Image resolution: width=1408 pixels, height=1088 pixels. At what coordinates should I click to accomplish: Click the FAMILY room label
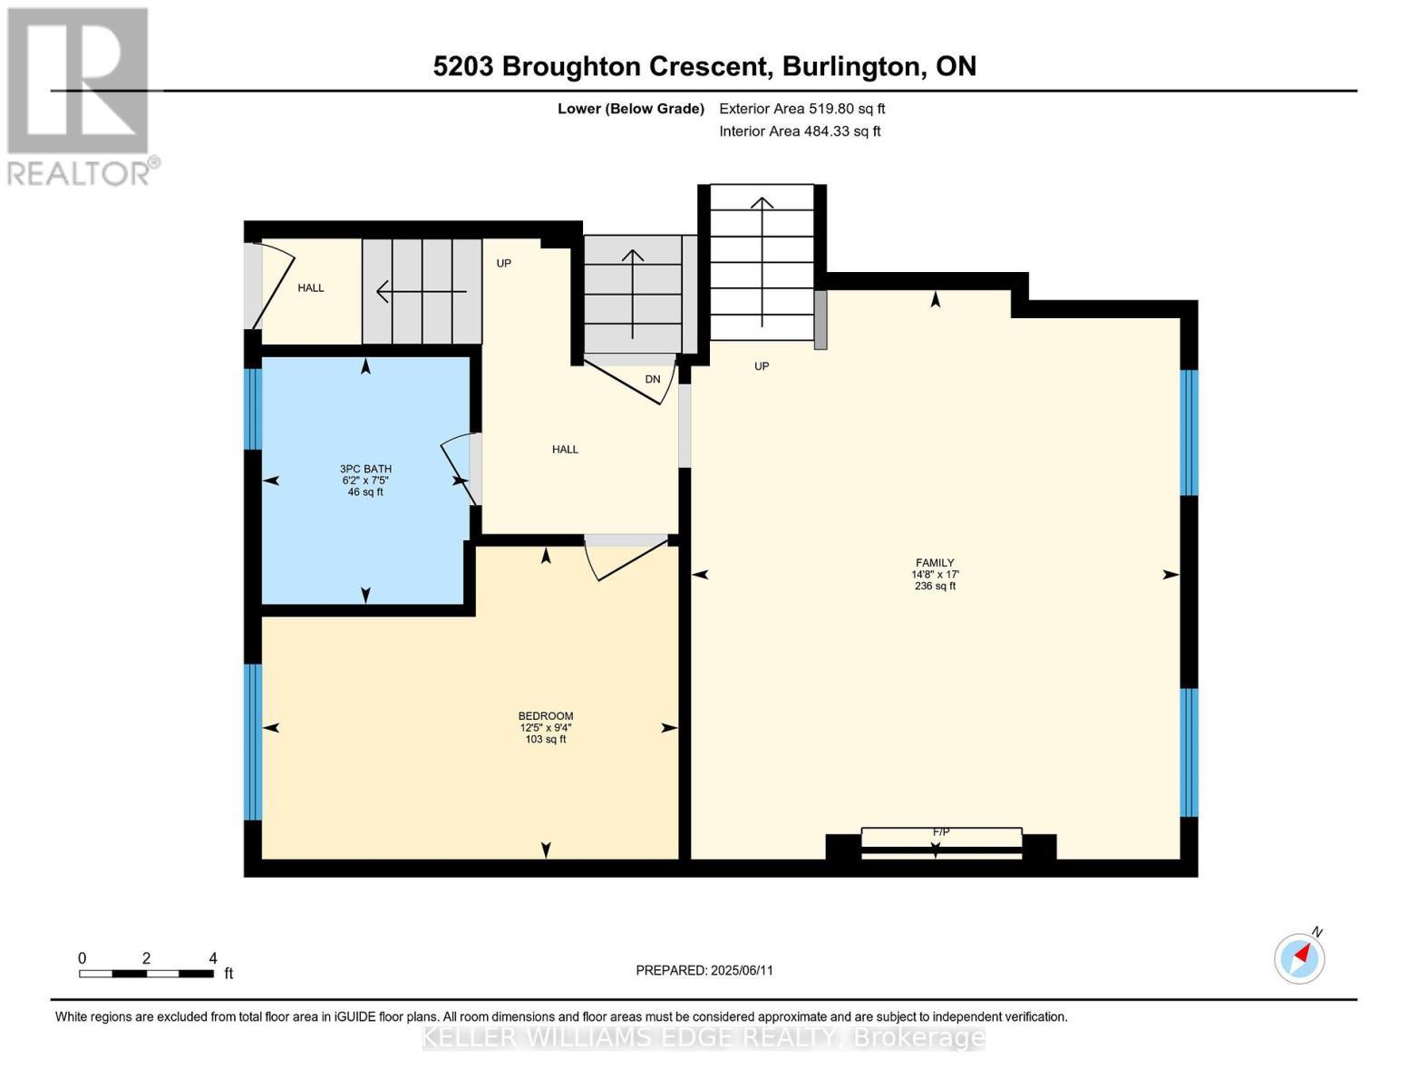pyautogui.click(x=935, y=563)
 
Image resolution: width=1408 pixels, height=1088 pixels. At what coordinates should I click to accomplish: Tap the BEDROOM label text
pyautogui.click(x=546, y=716)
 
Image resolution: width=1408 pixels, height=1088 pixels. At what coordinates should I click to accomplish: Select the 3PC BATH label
pyautogui.click(x=365, y=469)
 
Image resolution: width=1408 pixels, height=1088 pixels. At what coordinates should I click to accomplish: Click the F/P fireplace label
pyautogui.click(x=941, y=831)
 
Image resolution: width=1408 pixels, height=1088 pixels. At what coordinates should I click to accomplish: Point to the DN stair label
pyautogui.click(x=653, y=379)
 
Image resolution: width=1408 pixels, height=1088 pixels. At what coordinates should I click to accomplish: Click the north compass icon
pyautogui.click(x=1300, y=957)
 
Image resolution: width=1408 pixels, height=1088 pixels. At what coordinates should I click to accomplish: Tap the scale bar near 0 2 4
pyautogui.click(x=146, y=974)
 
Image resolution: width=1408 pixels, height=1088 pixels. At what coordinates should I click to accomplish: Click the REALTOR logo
pyautogui.click(x=80, y=95)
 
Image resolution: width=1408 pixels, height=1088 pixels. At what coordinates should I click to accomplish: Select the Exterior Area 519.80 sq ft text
pyautogui.click(x=801, y=109)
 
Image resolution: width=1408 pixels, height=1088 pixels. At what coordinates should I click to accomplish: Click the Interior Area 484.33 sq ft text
pyautogui.click(x=800, y=131)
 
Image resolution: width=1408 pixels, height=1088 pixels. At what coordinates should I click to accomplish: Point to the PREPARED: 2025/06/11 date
pyautogui.click(x=704, y=970)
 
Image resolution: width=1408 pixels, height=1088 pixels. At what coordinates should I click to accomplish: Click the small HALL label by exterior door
pyautogui.click(x=311, y=288)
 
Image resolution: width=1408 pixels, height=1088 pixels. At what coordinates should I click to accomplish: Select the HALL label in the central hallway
pyautogui.click(x=565, y=450)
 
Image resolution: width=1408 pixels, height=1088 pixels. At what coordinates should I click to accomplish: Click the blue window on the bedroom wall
pyautogui.click(x=253, y=742)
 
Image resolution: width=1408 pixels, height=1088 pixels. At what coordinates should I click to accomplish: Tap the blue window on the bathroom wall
pyautogui.click(x=253, y=408)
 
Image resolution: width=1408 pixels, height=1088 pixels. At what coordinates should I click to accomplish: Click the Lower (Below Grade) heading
pyautogui.click(x=630, y=109)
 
